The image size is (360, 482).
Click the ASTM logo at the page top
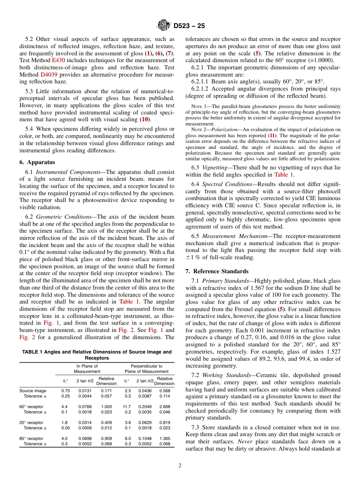coord(164,26)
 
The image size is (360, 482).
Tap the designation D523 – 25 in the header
coord(189,26)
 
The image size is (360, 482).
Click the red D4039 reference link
coord(48,75)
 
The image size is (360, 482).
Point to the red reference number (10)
coord(144,119)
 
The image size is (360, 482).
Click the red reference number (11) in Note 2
coord(272,135)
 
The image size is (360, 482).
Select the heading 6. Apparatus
coord(37,162)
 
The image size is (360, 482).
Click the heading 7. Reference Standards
coord(217,271)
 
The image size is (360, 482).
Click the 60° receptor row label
coord(31,407)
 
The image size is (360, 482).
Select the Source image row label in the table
coord(33,391)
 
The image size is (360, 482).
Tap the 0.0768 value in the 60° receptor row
coord(85,407)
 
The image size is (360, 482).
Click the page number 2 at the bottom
coord(180,466)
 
